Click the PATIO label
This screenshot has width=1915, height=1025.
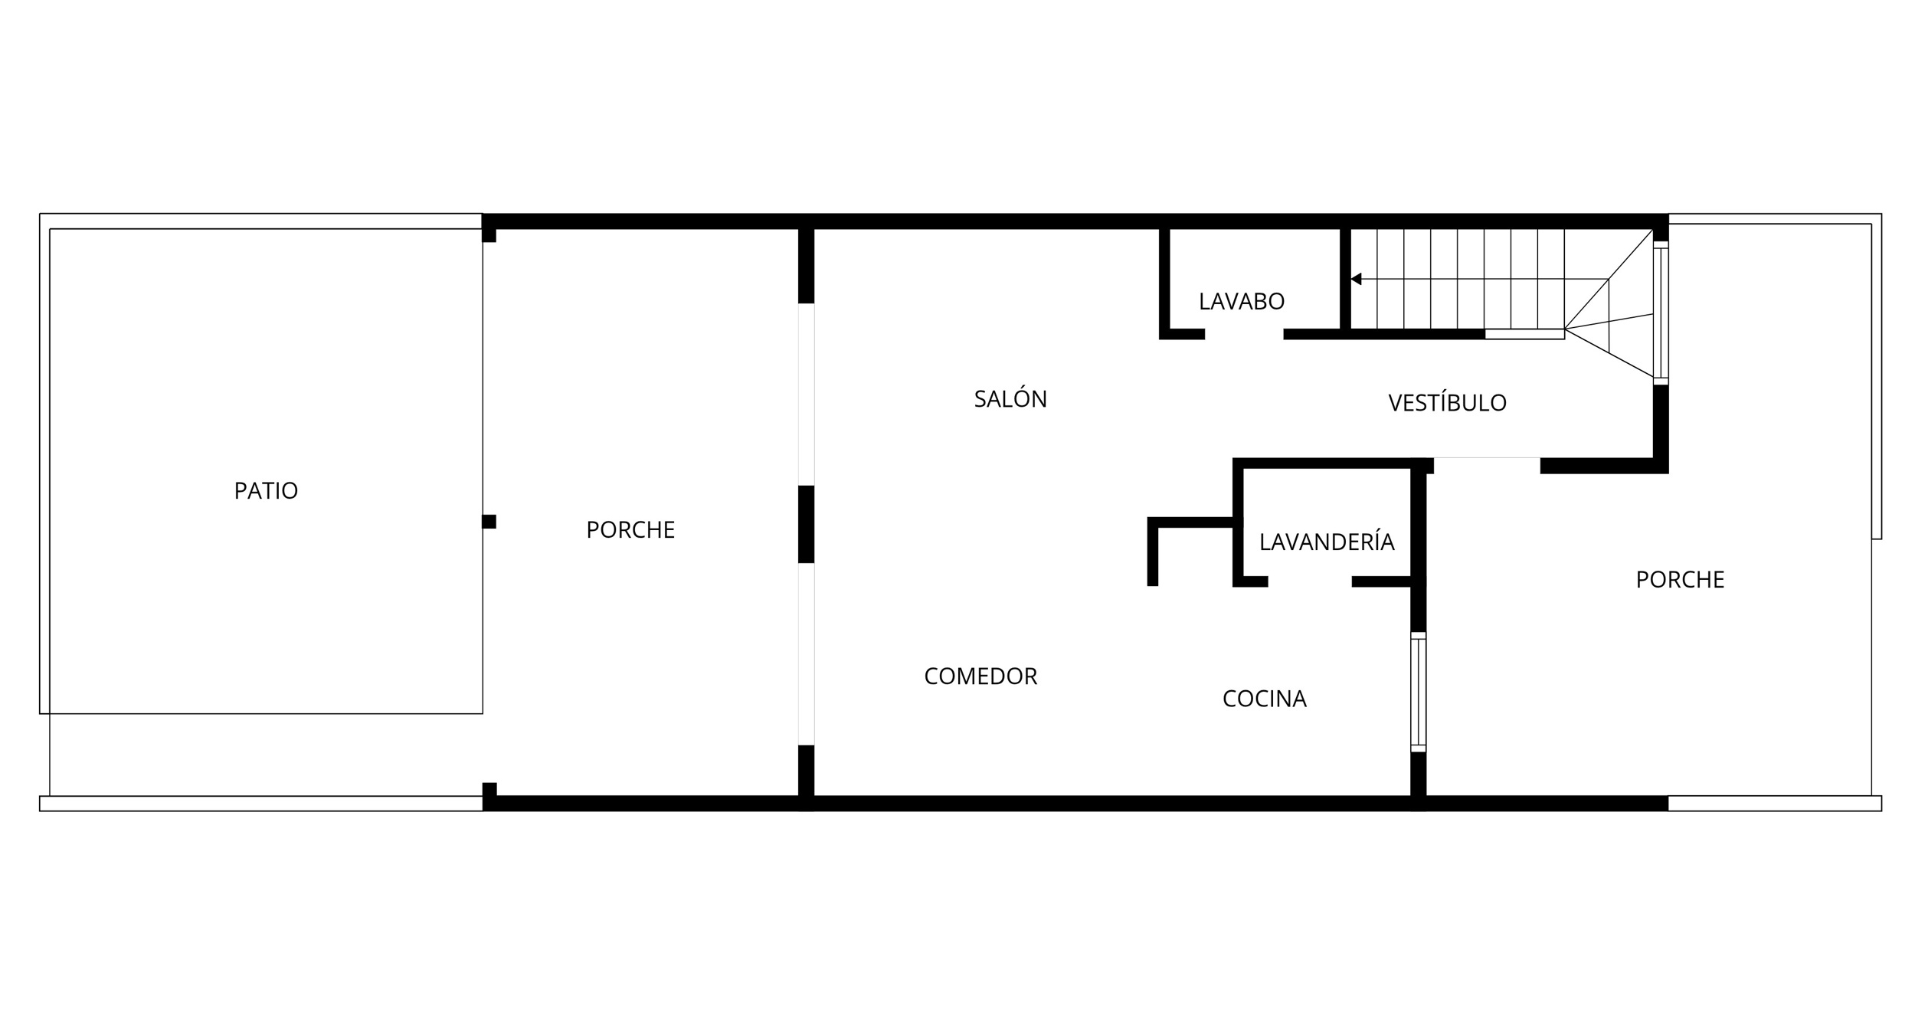click(266, 490)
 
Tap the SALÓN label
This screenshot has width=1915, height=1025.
click(1010, 398)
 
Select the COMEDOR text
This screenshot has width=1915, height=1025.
click(980, 676)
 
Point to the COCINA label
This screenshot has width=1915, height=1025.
click(1265, 699)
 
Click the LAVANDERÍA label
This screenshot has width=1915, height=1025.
click(1327, 541)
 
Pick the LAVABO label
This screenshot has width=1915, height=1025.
click(1242, 302)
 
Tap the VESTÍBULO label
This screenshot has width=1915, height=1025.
click(1447, 402)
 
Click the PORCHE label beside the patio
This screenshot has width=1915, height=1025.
click(630, 530)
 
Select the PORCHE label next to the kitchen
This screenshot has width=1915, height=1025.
click(1680, 580)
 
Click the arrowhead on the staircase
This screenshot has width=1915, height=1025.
click(1356, 279)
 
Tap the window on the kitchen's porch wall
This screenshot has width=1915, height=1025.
click(1419, 692)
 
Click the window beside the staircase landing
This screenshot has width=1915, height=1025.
click(1661, 313)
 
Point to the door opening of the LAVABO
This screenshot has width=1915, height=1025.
click(1244, 334)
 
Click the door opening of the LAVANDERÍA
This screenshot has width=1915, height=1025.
click(1310, 581)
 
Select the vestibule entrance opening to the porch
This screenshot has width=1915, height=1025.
click(1487, 463)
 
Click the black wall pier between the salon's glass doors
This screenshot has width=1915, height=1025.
click(806, 524)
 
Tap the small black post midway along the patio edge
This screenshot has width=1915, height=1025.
click(489, 522)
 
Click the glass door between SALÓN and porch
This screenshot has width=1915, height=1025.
click(806, 395)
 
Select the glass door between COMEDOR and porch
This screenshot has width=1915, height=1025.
click(806, 654)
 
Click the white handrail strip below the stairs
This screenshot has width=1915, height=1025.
click(1524, 334)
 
